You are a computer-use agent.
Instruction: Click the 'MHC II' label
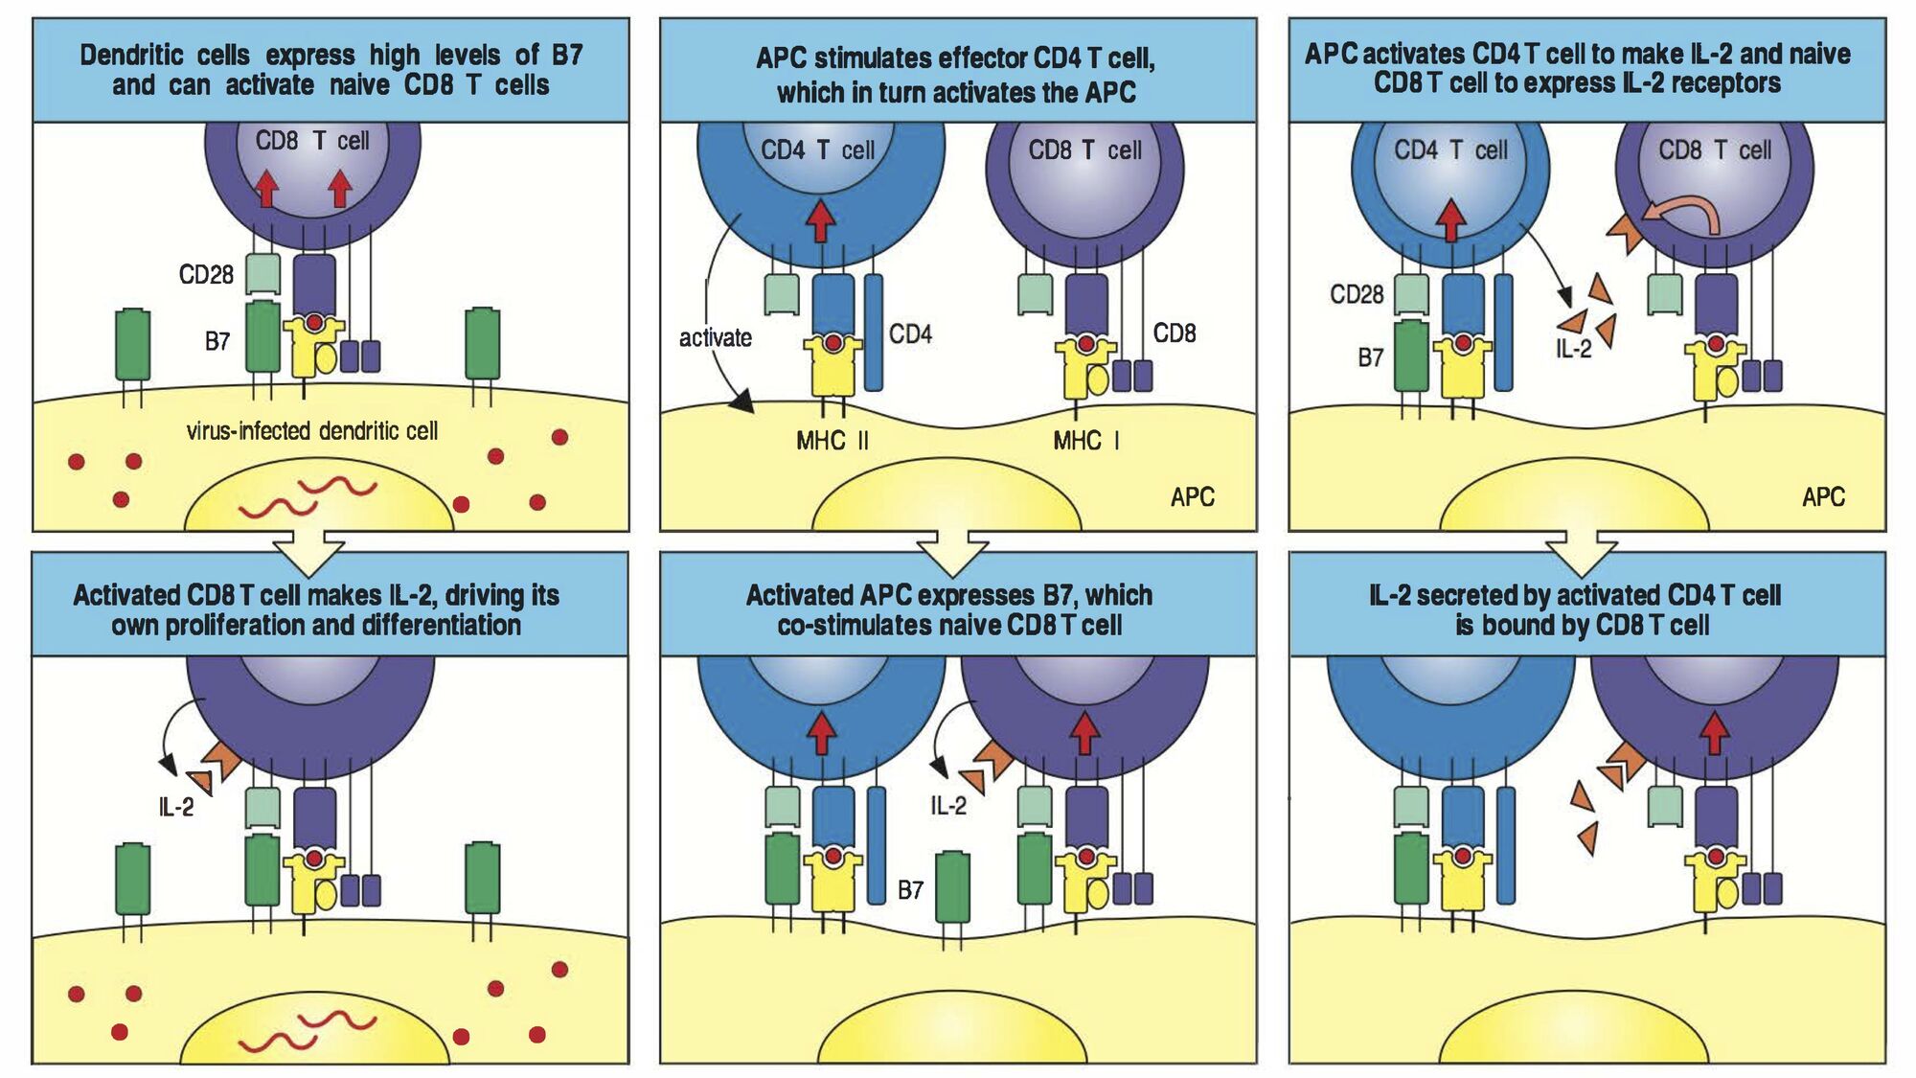tap(833, 441)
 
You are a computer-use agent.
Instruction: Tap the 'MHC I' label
tap(1085, 441)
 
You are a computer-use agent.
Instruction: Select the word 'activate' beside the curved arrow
tap(715, 338)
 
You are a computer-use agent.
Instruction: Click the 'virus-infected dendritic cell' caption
tap(312, 431)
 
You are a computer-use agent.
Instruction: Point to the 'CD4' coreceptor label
tap(910, 334)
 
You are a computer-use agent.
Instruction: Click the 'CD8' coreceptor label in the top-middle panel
tap(1174, 333)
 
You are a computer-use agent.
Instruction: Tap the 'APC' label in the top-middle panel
tap(1192, 497)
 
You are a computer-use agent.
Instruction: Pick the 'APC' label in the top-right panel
tap(1822, 497)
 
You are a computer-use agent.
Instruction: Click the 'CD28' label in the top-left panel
tap(206, 276)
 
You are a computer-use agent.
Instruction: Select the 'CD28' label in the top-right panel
tap(1357, 294)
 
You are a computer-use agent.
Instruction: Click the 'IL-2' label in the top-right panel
tap(1573, 350)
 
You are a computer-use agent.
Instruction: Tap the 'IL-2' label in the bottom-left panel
tap(176, 808)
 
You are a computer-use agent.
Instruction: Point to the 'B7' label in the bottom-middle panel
tap(910, 890)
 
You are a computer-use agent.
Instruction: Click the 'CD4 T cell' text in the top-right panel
tap(1450, 150)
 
